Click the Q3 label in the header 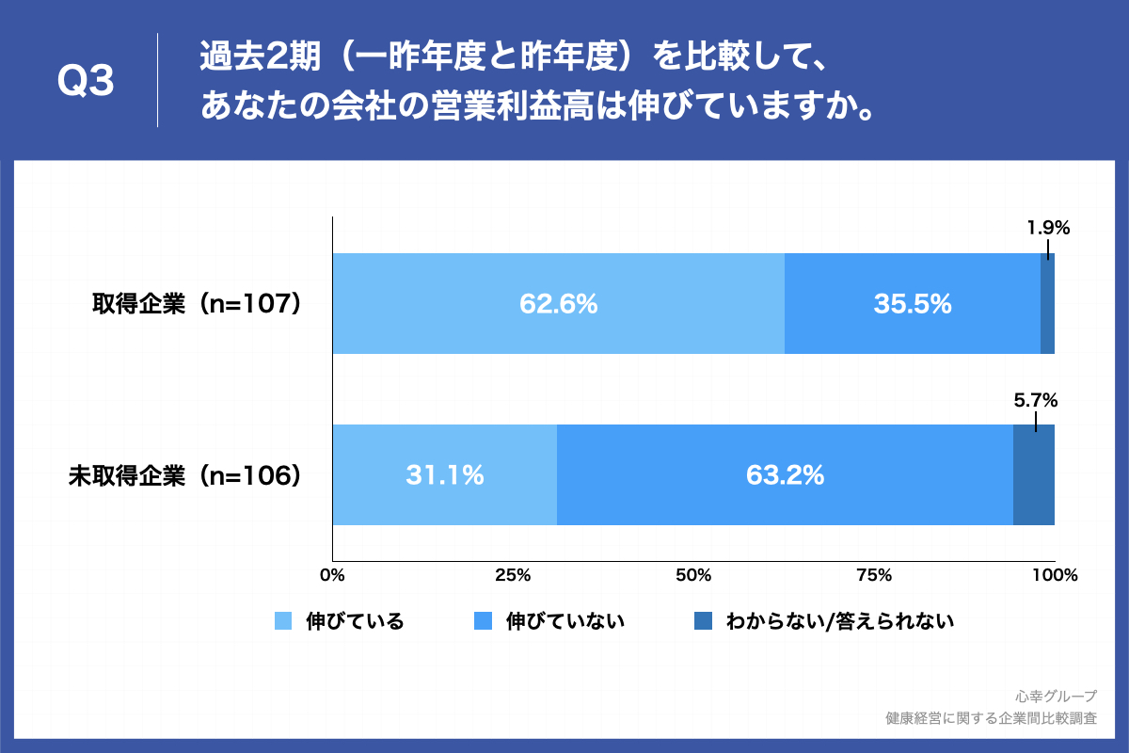coord(86,81)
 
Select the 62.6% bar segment coord(559,303)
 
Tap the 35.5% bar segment coord(913,303)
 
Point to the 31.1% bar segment coord(445,474)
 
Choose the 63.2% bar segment coord(786,474)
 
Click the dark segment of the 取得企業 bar coord(1047,303)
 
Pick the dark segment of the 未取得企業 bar coord(1034,474)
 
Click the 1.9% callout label coord(1048,228)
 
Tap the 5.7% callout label coord(1036,400)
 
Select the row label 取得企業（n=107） coord(197,304)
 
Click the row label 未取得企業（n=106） coord(185,475)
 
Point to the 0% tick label coord(333,575)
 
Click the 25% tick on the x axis coord(513,575)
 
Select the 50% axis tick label coord(693,575)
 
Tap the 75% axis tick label coord(874,575)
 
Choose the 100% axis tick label coord(1055,575)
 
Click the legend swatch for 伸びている coord(283,621)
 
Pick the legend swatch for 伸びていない coord(483,621)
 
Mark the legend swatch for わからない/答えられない coord(703,621)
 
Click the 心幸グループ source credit coord(1056,697)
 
